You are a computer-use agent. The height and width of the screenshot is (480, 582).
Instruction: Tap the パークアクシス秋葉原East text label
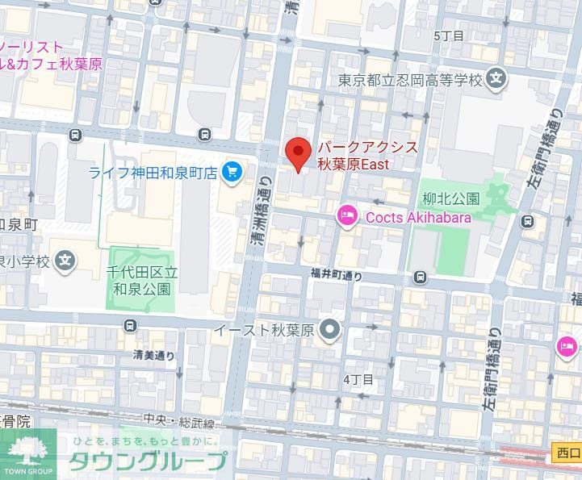[x=366, y=156]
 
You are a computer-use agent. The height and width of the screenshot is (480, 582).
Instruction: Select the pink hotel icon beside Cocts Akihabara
[x=346, y=215]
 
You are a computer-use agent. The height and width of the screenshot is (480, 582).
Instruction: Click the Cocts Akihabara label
[x=418, y=215]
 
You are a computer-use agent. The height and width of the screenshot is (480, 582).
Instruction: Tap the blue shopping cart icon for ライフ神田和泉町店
[x=232, y=171]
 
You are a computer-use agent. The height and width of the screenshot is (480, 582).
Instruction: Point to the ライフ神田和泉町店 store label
[x=153, y=171]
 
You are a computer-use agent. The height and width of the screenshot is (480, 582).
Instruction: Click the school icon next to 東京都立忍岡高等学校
[x=497, y=80]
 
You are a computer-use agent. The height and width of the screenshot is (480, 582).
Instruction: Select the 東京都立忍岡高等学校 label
[x=409, y=80]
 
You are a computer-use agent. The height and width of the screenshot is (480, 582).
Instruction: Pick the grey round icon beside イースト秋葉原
[x=329, y=329]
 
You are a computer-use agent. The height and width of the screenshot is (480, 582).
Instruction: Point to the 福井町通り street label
[x=337, y=275]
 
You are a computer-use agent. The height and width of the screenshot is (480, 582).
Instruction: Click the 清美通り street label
[x=153, y=355]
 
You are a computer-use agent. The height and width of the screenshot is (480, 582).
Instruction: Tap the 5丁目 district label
[x=449, y=35]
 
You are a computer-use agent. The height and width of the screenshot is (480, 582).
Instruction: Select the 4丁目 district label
[x=358, y=379]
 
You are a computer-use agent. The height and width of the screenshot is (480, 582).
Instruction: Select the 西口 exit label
[x=567, y=453]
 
